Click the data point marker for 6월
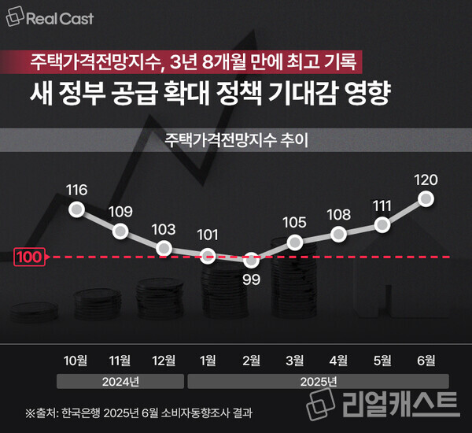click(x=426, y=199)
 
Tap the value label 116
click(x=77, y=190)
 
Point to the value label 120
click(x=426, y=179)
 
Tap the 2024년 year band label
click(x=120, y=383)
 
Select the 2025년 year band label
click(x=317, y=383)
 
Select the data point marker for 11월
click(x=120, y=231)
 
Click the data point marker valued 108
click(x=338, y=234)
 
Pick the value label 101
click(x=208, y=235)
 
